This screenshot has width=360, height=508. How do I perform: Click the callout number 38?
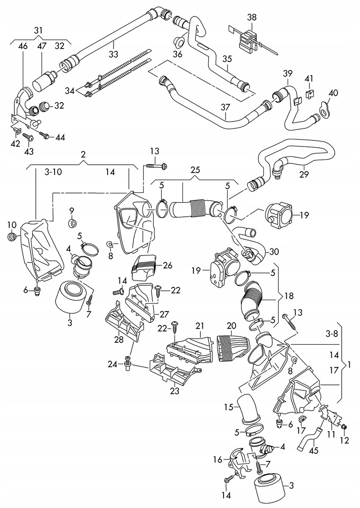coord(251,17)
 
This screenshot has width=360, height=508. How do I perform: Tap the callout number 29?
coord(304,174)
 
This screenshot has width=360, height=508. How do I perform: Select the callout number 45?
coord(314,450)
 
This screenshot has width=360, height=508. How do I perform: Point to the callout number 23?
coord(175,391)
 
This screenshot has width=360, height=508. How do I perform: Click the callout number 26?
coord(168,265)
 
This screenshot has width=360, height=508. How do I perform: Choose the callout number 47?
coord(42,46)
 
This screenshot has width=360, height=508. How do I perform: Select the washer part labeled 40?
coord(324,109)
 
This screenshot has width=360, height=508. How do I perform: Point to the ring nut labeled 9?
coord(72,223)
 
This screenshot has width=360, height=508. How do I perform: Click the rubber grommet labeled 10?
coord(12,237)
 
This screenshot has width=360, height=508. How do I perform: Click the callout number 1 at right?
coord(349,365)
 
